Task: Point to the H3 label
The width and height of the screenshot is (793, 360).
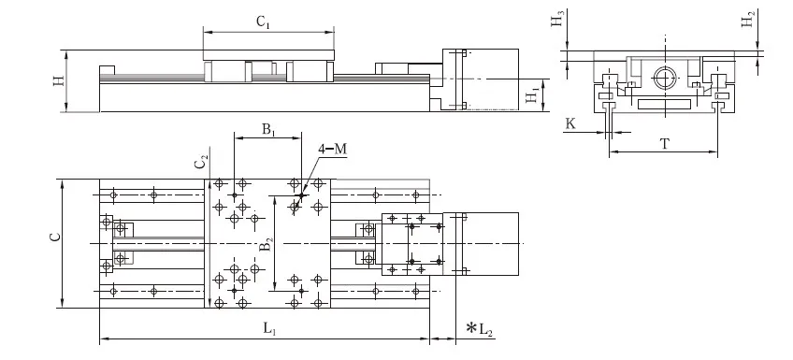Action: [556, 22]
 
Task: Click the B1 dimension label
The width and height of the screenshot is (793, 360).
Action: [267, 128]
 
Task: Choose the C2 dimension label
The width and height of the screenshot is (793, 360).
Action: [200, 162]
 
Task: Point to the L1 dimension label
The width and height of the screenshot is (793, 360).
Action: [267, 328]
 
